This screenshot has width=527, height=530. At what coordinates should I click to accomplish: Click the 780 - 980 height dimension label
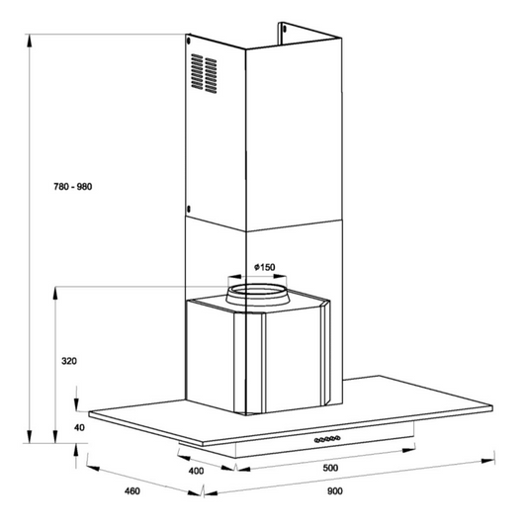pos(73,187)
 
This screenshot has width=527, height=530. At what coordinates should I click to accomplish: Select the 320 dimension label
pos(69,361)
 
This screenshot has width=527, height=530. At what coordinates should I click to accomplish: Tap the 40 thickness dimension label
pos(79,427)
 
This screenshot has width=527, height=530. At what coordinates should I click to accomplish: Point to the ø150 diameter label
pos(265,267)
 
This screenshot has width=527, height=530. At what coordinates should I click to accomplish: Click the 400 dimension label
pos(196,471)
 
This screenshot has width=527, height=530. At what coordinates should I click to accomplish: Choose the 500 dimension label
pos(330,468)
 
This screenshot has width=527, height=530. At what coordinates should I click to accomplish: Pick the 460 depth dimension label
pos(132,491)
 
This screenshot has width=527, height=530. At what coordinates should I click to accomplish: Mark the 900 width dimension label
pos(334,491)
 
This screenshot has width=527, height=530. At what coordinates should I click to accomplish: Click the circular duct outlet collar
pos(258,295)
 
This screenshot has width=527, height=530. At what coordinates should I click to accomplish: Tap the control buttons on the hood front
pos(327,439)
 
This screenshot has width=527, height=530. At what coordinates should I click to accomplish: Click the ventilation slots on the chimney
pos(204,73)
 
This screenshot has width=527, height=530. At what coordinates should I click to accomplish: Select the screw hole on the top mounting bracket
pos(285,29)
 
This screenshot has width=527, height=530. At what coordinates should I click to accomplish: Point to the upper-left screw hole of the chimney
pos(189,41)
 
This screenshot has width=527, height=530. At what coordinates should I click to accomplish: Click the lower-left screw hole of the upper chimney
pos(189,209)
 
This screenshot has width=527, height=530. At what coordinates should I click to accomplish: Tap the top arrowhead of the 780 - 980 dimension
pos(30,42)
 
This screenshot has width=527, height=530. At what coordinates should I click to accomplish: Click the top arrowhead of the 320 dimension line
pos(55,294)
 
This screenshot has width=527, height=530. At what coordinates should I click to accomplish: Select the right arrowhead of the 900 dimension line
pos(487,461)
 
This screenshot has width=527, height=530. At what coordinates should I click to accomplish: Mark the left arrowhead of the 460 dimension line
pos(93,468)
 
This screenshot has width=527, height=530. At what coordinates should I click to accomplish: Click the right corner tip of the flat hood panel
pos(492,407)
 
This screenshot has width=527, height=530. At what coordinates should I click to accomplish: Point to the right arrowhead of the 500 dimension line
pos(408,450)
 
